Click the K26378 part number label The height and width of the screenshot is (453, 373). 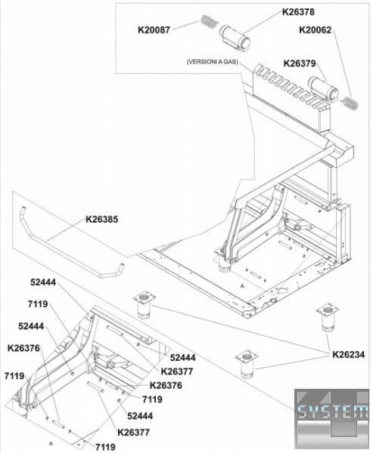coord(298,12)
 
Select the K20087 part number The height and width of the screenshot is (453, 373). coord(154,30)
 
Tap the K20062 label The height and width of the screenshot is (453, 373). coord(315,30)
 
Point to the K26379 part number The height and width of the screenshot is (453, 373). coord(300,63)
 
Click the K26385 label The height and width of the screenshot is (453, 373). coord(101,220)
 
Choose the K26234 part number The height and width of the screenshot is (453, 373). coord(348,355)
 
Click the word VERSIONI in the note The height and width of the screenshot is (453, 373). coord(205,62)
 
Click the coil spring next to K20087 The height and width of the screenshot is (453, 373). coord(209,21)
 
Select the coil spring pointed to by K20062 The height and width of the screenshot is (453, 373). coord(350,103)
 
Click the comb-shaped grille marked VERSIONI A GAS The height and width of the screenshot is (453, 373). coord(291,88)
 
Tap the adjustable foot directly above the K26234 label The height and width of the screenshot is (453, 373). coord(328,316)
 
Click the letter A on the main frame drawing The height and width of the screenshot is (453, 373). coord(243,286)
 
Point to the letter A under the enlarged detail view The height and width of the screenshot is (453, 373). coord(51,442)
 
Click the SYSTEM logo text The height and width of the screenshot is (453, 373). coord(333,411)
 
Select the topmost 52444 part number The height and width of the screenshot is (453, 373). coord(43,282)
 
